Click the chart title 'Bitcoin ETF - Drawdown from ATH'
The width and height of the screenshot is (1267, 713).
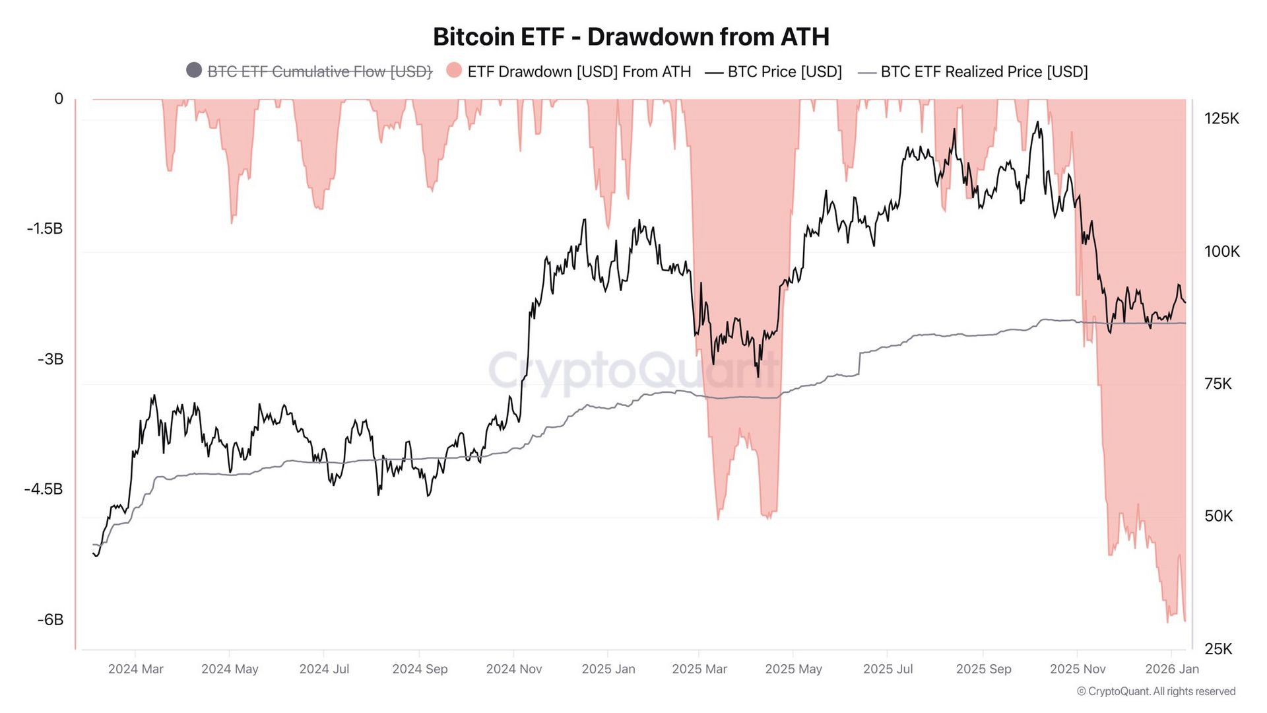click(631, 36)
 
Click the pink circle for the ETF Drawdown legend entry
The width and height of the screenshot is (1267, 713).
click(454, 71)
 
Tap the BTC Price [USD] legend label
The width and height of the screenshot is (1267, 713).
click(784, 71)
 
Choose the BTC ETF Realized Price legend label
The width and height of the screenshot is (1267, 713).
click(983, 71)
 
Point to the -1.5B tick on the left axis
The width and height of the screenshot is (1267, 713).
click(45, 228)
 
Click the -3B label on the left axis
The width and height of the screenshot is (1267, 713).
click(50, 359)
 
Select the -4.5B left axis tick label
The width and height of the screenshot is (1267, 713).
click(44, 489)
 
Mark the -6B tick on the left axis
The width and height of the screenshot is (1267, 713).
click(50, 619)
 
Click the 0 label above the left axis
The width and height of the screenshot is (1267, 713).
click(59, 99)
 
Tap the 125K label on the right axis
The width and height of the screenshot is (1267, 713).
click(1221, 119)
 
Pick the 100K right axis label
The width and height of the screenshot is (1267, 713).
click(1221, 252)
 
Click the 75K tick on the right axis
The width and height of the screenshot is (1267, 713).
click(1218, 384)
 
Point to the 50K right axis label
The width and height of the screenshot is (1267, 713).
click(1218, 516)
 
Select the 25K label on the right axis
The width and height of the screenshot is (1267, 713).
click(1218, 649)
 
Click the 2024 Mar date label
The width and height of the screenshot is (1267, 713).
click(135, 669)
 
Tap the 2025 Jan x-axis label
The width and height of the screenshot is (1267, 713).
click(608, 669)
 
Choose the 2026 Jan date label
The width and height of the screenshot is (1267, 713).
click(1172, 669)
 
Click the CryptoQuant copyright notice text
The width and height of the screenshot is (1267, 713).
click(1156, 691)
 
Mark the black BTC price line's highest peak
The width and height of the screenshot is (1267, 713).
click(1037, 122)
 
